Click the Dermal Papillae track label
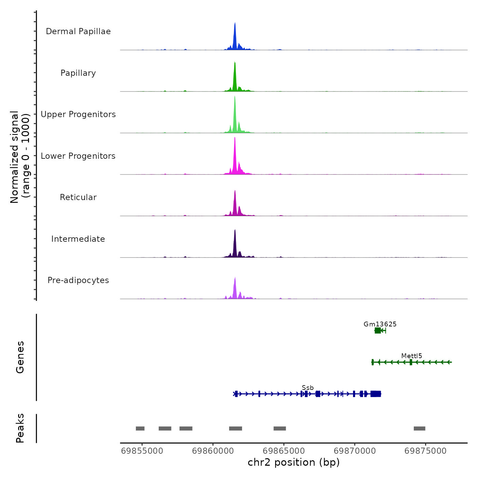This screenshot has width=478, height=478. (78, 31)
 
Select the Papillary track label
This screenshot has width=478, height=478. (78, 73)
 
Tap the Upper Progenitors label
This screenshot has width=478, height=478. (78, 114)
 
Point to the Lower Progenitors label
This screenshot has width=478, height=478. (78, 156)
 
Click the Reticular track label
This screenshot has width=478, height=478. (78, 197)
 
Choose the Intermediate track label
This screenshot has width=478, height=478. (78, 239)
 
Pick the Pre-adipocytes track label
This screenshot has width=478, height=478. (78, 280)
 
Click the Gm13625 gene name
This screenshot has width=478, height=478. (380, 324)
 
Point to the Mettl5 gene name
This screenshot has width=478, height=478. (412, 356)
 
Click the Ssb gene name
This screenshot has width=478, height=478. (308, 388)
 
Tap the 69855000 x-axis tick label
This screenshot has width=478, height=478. (142, 451)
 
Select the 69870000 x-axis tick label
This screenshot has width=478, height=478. (355, 451)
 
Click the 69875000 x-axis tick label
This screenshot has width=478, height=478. (425, 451)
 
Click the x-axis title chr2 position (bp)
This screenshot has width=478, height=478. (294, 462)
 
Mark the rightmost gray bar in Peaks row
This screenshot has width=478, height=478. (420, 428)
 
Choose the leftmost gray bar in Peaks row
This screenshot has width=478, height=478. (140, 428)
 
